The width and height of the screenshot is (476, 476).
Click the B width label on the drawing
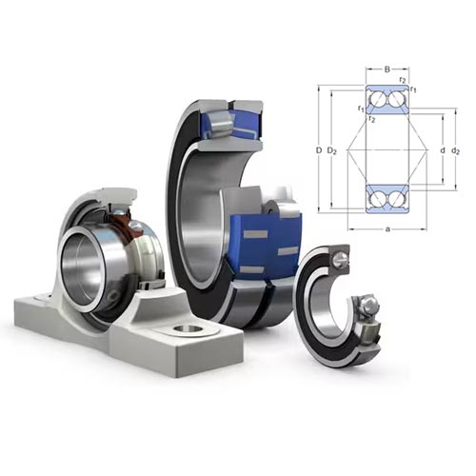tap(387, 69)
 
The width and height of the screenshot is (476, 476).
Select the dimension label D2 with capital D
tap(331, 151)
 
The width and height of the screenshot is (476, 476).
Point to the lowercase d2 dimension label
tap(455, 151)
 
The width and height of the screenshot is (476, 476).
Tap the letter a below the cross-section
tap(387, 228)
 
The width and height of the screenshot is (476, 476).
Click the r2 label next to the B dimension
tap(403, 79)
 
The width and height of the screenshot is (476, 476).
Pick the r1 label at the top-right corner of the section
tap(413, 89)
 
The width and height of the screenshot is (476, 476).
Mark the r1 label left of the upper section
tap(361, 109)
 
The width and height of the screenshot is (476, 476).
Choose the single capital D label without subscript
tap(319, 150)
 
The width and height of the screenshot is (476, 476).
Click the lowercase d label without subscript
tap(443, 150)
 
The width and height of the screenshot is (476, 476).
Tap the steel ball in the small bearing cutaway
tap(370, 304)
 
